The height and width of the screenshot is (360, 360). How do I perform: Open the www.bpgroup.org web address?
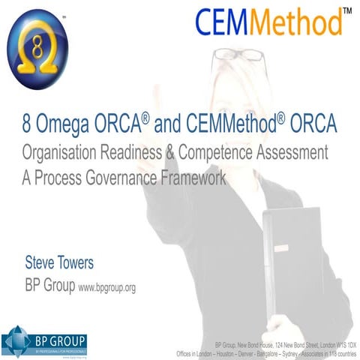(106, 286)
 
